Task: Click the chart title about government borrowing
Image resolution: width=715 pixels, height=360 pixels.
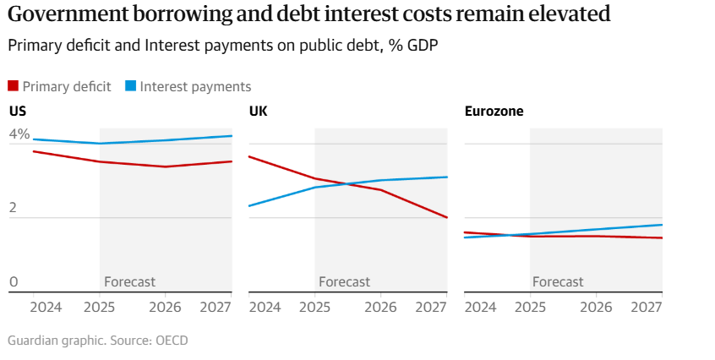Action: coord(308,15)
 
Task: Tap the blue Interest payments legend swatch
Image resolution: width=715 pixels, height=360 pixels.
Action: coord(131,85)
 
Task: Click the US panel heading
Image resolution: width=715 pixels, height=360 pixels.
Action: coord(17,111)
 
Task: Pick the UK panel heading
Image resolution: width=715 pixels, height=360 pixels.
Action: coord(259,111)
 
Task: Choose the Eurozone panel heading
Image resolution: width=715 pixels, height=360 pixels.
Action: coord(494,111)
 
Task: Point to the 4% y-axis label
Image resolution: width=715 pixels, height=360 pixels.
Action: coord(19,134)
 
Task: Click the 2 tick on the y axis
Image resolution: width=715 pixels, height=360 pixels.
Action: coord(14,209)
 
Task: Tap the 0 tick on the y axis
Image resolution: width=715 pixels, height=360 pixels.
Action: coord(14,281)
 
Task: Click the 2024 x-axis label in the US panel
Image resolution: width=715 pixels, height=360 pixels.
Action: coord(46,307)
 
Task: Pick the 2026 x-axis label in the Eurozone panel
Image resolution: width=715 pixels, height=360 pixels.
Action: coord(597,307)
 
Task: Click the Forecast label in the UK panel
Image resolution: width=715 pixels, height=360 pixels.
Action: coord(344,281)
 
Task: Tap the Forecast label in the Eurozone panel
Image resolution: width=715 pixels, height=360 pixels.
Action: coord(558,281)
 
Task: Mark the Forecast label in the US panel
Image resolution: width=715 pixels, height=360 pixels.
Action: coord(129,281)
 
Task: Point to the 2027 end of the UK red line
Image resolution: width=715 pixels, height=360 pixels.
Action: coord(447,217)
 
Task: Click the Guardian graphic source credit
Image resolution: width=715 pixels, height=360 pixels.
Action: coord(97,341)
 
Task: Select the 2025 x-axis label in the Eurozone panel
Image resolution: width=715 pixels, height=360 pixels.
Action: coord(530,307)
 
